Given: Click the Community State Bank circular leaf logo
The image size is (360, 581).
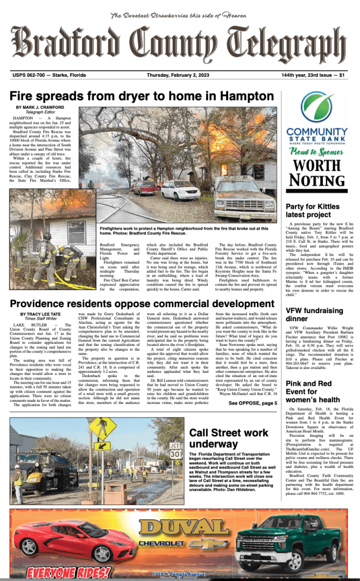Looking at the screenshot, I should [x=316, y=108].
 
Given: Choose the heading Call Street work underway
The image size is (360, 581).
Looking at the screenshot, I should [x=229, y=438].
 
